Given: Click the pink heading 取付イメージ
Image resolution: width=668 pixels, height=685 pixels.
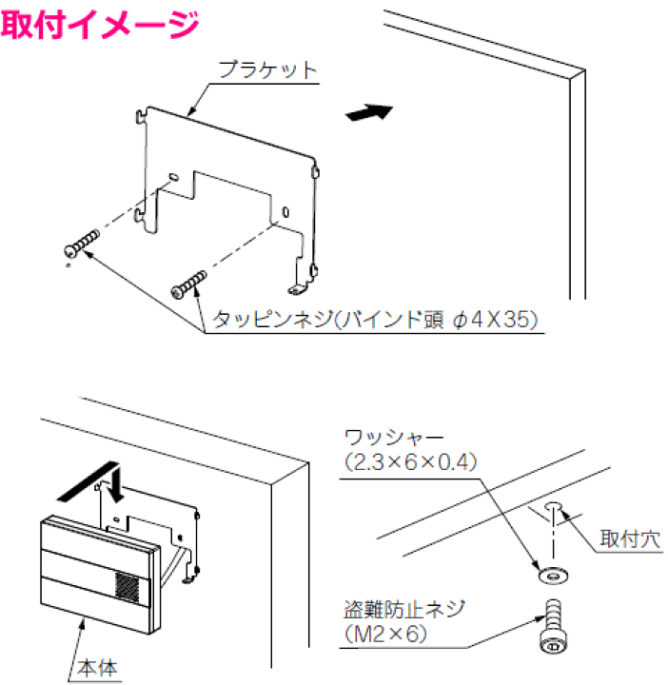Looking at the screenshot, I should (100, 23).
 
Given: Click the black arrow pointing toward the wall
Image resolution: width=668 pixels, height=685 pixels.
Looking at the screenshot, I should (368, 113).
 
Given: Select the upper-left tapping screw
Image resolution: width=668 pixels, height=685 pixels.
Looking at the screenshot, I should (81, 243).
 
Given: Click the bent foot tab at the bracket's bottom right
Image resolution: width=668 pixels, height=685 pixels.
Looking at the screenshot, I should (298, 285).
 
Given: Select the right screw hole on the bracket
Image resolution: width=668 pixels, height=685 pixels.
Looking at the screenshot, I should (285, 211).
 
